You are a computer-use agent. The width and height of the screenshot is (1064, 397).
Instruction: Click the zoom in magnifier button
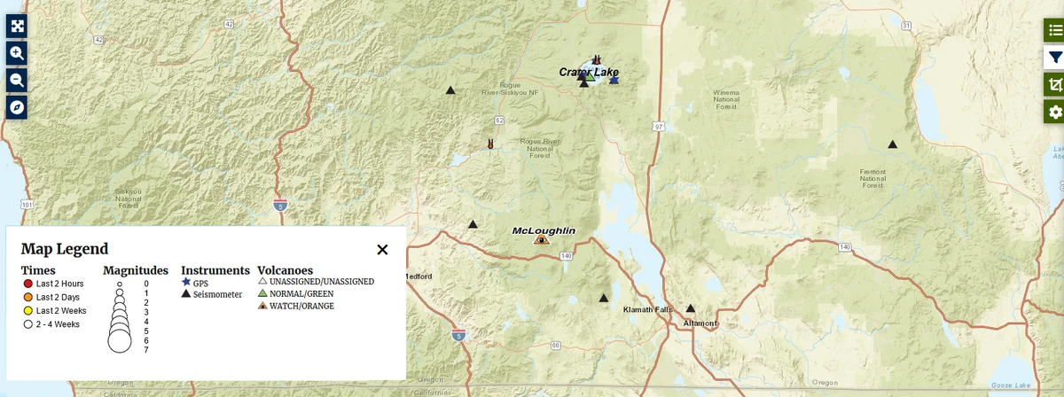[x=17, y=52]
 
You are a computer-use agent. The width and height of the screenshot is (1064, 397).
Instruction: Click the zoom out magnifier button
[x=17, y=80]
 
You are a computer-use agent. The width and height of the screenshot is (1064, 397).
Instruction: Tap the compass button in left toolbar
[x=17, y=107]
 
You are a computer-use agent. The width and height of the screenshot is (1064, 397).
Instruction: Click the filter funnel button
[x=1053, y=57]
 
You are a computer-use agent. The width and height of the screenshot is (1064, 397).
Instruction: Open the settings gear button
[x=1053, y=112]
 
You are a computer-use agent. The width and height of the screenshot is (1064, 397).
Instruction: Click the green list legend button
[x=1053, y=29]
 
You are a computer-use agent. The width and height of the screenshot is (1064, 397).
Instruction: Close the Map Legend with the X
[x=382, y=250]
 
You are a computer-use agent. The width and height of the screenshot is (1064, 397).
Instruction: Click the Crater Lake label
[x=589, y=72]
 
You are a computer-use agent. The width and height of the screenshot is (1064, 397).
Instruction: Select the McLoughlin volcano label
[x=544, y=230]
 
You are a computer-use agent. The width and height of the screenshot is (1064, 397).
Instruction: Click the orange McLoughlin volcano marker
[x=541, y=238]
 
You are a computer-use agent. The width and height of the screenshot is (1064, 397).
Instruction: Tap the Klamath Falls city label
[x=649, y=310]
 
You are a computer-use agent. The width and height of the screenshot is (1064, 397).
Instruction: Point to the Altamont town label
[x=700, y=323]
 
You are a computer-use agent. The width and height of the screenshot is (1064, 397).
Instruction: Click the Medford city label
[x=419, y=276]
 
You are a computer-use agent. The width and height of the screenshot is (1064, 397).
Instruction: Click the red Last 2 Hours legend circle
[x=27, y=284]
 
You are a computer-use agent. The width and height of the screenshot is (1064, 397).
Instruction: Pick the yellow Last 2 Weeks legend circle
[x=27, y=311]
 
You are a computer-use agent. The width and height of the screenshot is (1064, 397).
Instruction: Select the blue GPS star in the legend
[x=186, y=282]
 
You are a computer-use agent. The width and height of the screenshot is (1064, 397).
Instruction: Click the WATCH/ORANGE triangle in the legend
[x=262, y=306]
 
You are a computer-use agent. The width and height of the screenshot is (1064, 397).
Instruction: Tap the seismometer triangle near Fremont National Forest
[x=892, y=144]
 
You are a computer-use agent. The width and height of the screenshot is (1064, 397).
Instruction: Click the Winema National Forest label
[x=726, y=99]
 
